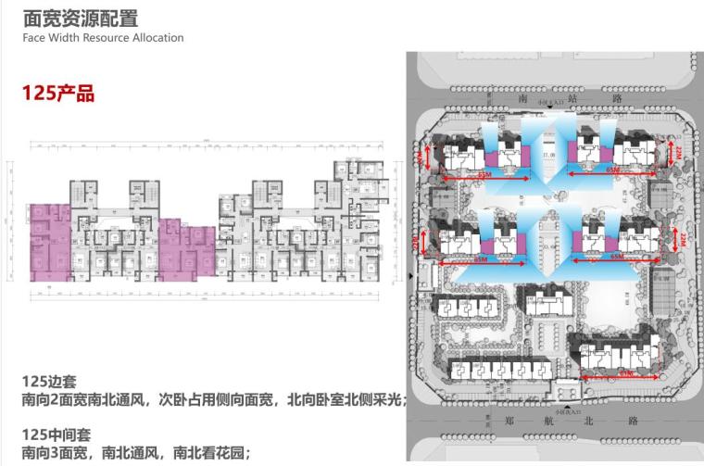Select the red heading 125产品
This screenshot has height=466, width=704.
click(58, 93)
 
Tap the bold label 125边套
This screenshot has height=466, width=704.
click(52, 382)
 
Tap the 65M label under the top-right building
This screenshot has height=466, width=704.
click(612, 172)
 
